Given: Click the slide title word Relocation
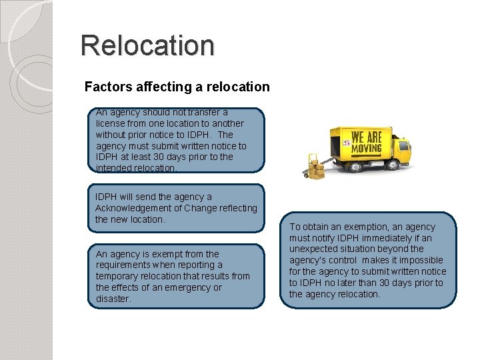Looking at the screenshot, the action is pyautogui.click(x=147, y=45).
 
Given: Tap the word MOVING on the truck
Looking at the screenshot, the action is pyautogui.click(x=367, y=147).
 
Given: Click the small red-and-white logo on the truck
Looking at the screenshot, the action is pyautogui.click(x=346, y=142).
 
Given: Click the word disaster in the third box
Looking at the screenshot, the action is pyautogui.click(x=113, y=299).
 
